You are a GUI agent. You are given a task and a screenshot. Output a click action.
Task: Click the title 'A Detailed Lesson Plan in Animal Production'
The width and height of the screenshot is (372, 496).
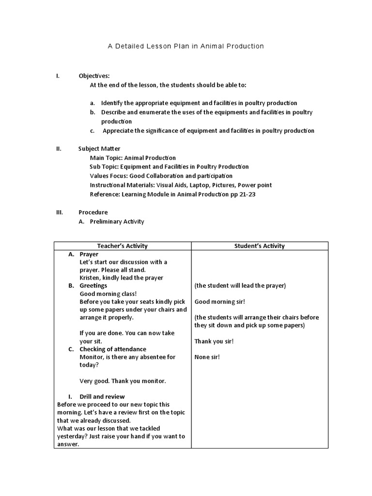click(x=186, y=46)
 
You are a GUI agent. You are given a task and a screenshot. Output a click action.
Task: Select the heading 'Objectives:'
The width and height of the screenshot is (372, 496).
click(x=94, y=76)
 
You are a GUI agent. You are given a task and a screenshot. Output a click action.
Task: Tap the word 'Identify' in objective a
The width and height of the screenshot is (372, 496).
click(x=112, y=103)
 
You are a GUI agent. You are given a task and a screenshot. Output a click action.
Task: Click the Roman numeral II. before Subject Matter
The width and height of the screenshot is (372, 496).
click(x=59, y=149)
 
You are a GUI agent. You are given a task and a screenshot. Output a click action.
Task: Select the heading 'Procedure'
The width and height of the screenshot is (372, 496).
click(x=93, y=213)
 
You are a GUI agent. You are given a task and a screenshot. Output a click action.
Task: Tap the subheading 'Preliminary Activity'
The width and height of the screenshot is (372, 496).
click(x=117, y=222)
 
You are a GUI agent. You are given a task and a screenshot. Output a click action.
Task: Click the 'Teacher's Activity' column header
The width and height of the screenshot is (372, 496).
click(x=123, y=246)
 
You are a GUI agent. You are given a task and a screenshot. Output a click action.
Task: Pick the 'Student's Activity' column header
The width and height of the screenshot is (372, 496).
click(x=260, y=246)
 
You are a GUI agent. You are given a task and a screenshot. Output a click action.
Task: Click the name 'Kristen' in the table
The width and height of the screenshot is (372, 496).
click(x=90, y=278)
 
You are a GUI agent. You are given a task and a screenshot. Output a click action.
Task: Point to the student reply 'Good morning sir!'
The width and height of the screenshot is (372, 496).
click(x=220, y=302)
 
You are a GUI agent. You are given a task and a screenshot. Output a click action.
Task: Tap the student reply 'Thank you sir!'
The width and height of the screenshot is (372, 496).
click(x=214, y=341)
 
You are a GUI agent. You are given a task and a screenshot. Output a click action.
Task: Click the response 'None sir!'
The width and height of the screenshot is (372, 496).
click(x=207, y=357)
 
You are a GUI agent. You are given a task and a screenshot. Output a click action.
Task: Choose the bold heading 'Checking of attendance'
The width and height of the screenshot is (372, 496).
click(x=113, y=349)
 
